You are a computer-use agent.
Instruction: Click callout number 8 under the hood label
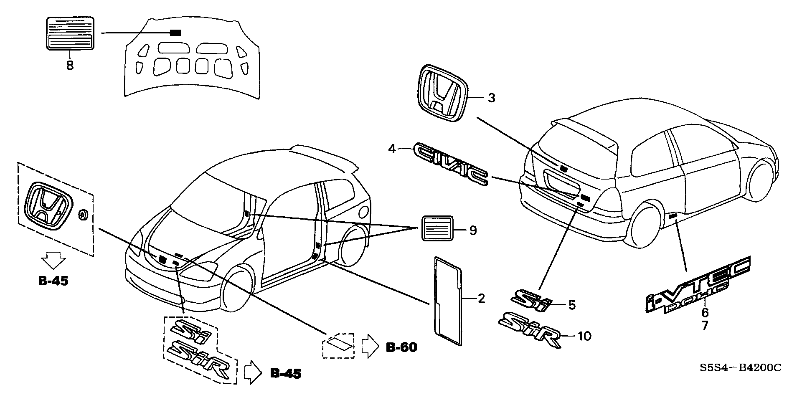[x=70, y=66]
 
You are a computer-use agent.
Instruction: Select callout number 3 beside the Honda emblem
[x=491, y=98]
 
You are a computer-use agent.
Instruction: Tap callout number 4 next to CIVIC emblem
[x=392, y=149]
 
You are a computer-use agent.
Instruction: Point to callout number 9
[x=473, y=230]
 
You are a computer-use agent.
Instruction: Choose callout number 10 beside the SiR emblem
[x=584, y=336]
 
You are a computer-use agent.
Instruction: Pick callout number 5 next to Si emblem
[x=572, y=305]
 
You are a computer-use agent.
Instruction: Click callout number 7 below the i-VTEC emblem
[x=705, y=325]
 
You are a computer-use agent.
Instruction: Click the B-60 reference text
[x=401, y=347]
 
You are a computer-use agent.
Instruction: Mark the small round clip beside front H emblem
[x=82, y=215]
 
